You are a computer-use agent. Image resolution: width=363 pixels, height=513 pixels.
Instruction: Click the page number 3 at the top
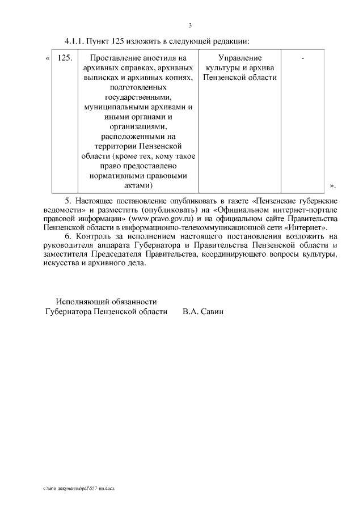point(191,25)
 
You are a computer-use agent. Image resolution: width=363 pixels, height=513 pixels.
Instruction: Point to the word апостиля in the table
point(161,58)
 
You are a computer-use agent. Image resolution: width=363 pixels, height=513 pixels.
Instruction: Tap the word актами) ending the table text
point(138,185)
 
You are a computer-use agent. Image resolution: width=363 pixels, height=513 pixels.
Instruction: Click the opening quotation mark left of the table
point(47,58)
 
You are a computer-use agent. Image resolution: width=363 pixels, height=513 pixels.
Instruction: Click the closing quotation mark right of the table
point(332,185)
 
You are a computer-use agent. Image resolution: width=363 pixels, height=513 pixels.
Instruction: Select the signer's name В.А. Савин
point(203,312)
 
